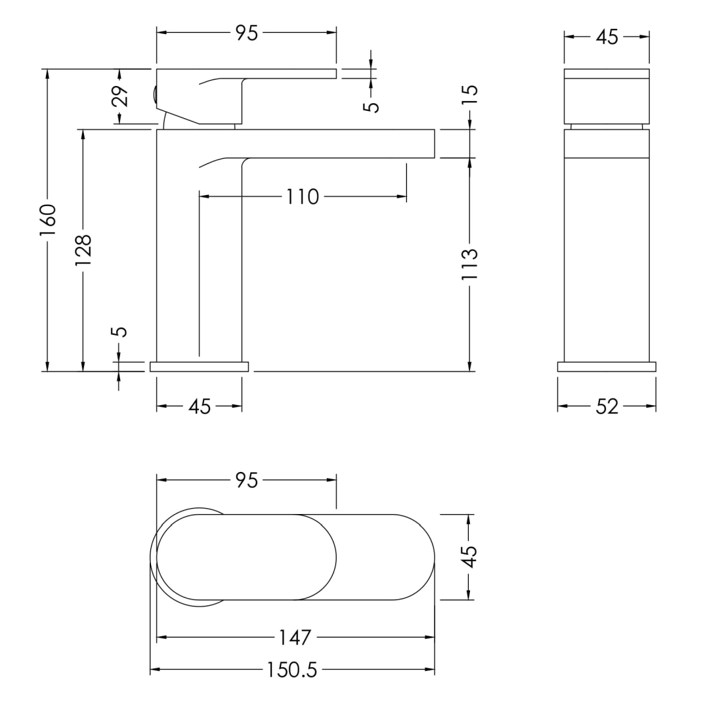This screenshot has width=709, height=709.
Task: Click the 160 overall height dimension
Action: (x=47, y=220)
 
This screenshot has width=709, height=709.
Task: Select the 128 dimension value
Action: (x=83, y=250)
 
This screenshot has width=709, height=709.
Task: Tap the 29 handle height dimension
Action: (x=120, y=96)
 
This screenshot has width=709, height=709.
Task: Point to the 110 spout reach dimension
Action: (x=303, y=197)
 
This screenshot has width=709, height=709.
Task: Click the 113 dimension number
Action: (x=470, y=264)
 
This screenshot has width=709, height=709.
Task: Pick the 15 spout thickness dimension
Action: (x=470, y=95)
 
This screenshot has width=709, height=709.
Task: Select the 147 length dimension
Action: (x=295, y=637)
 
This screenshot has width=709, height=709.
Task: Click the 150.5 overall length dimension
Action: (x=291, y=670)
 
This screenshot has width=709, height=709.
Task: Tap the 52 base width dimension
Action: (x=607, y=406)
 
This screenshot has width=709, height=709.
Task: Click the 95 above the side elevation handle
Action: (x=247, y=33)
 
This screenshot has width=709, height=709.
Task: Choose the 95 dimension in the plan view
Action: (x=247, y=480)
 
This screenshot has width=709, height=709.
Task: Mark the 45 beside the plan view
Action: (x=470, y=557)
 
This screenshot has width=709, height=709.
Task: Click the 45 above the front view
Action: (x=607, y=37)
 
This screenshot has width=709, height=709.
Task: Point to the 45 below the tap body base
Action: (x=200, y=406)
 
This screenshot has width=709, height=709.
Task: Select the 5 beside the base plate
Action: (x=119, y=332)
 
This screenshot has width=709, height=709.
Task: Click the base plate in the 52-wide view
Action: (x=607, y=367)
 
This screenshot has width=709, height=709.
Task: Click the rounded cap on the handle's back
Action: (x=154, y=96)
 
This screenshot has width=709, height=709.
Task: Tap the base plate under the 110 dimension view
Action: (x=200, y=367)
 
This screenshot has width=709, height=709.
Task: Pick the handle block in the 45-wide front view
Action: (x=607, y=96)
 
